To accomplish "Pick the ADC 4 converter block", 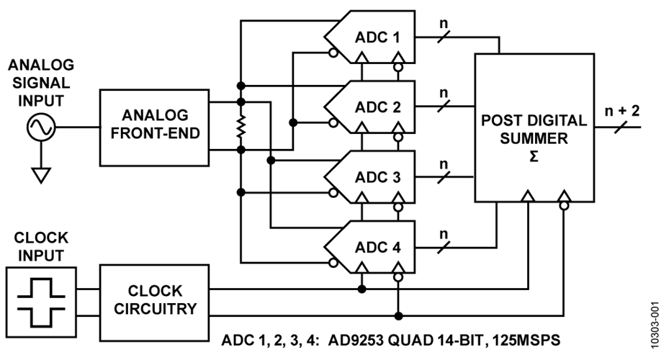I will pyautogui.click(x=371, y=247).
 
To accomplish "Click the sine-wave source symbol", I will pyautogui.click(x=40, y=129).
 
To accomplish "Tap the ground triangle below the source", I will pyautogui.click(x=40, y=174).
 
